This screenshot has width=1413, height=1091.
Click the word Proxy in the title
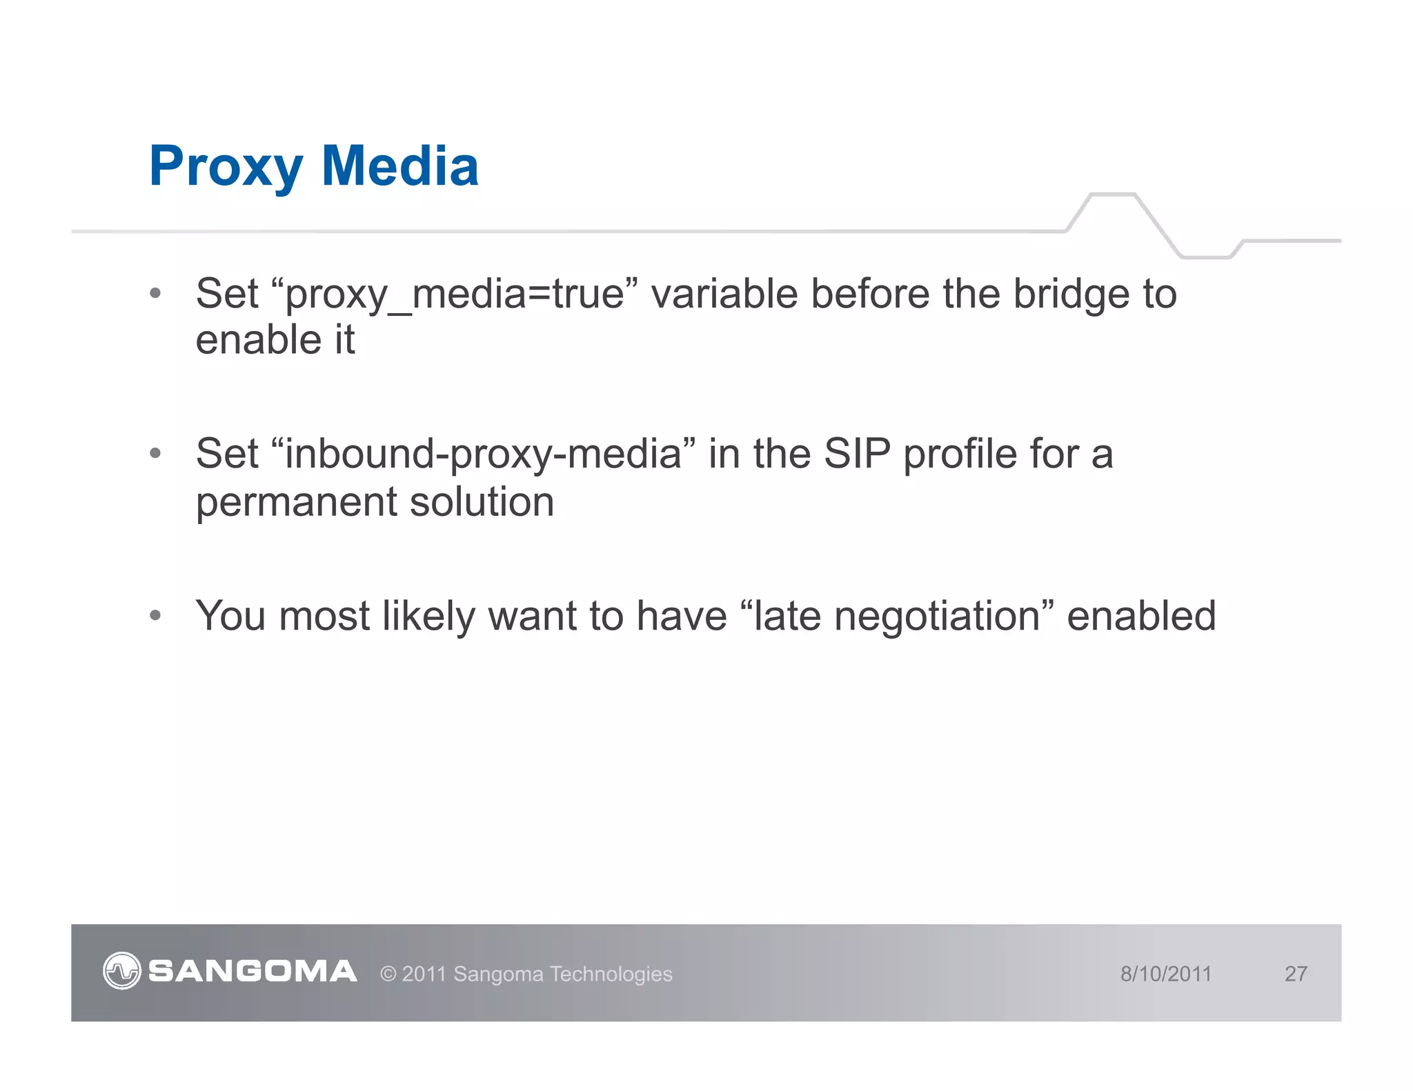coord(226,167)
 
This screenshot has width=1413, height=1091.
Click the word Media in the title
coord(399,167)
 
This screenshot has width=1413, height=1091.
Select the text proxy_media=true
coord(455,294)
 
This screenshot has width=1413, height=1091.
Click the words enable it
coord(275,341)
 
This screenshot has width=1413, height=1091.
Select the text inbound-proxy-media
coord(483,455)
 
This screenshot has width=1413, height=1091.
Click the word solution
coord(482,503)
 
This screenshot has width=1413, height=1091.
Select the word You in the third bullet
coord(230,616)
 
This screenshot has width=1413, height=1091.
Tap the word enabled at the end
coord(1141,616)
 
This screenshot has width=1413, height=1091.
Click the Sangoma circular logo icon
coord(122,971)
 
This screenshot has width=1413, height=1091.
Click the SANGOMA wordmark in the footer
coord(253,972)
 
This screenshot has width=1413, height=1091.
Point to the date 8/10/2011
coord(1165,974)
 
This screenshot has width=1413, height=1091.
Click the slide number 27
coord(1295,974)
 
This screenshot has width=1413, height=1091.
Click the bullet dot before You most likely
coord(155,614)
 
